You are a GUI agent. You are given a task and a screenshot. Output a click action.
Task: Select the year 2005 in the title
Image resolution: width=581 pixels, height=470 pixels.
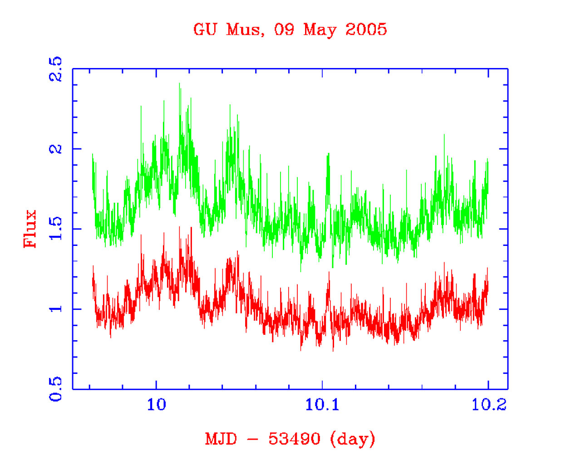(x=366, y=29)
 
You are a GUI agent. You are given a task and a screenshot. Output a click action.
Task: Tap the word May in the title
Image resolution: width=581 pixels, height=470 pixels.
(x=320, y=30)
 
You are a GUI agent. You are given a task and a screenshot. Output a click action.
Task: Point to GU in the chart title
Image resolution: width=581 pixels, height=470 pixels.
(x=205, y=30)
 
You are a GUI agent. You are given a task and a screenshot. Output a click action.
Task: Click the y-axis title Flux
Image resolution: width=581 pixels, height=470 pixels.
(x=30, y=228)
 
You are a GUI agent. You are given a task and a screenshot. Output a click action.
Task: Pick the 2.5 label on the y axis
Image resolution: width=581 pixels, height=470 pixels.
(x=56, y=69)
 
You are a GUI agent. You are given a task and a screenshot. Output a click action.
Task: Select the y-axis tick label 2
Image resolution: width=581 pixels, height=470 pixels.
(x=56, y=149)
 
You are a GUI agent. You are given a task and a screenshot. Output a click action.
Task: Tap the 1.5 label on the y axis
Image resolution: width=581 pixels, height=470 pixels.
(x=56, y=229)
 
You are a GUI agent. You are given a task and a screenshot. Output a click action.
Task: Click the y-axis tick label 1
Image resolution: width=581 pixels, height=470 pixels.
(x=56, y=309)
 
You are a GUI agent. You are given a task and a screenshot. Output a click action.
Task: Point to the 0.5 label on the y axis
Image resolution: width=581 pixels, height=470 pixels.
(x=56, y=389)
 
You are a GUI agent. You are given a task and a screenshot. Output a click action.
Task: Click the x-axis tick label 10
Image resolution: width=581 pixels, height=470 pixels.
(x=156, y=404)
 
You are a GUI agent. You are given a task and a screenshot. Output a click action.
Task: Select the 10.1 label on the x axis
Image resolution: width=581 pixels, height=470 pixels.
(x=322, y=404)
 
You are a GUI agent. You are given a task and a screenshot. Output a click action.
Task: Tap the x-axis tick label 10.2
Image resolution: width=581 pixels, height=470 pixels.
(x=488, y=404)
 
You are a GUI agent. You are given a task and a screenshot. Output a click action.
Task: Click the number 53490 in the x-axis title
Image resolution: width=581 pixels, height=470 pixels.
(x=294, y=439)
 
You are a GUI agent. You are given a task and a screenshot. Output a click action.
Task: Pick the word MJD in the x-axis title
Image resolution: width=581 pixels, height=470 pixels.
(x=221, y=439)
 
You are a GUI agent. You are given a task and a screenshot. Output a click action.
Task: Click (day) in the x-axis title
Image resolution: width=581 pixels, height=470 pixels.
(x=353, y=439)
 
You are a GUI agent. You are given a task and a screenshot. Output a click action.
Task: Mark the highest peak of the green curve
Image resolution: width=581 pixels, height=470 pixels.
(x=180, y=84)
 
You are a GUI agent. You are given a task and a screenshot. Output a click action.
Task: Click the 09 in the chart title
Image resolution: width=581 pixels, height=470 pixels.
(x=284, y=30)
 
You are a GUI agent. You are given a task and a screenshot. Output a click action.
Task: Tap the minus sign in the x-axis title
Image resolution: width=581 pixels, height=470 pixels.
(x=253, y=439)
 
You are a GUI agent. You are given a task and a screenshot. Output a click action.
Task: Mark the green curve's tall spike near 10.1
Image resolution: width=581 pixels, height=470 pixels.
(x=328, y=155)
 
